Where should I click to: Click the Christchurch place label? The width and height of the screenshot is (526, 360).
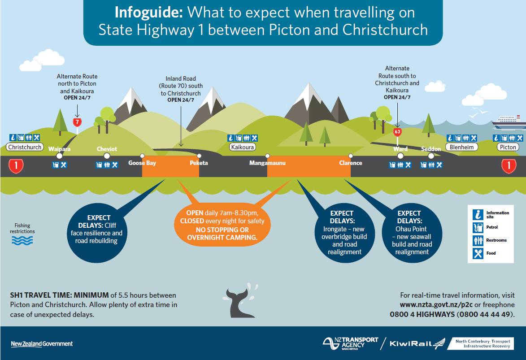tap(25, 147)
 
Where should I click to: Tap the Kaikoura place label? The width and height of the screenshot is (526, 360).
tap(243, 147)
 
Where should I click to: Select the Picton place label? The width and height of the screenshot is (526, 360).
tap(508, 147)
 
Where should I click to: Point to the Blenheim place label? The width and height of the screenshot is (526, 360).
tap(462, 147)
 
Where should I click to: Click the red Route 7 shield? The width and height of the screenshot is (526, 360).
tap(77, 122)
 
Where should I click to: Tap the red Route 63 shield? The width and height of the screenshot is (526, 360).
tap(397, 132)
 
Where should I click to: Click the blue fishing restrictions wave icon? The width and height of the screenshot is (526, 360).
tap(22, 240)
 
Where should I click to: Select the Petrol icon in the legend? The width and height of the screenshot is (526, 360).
tap(478, 227)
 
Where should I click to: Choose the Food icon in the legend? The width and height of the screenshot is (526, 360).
tap(478, 253)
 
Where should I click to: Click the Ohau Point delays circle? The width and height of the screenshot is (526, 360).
tap(412, 232)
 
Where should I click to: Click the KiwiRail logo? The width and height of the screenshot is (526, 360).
tap(417, 344)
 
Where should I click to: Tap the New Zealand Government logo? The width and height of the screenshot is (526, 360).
tap(42, 344)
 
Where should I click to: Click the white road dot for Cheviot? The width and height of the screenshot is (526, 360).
tap(107, 156)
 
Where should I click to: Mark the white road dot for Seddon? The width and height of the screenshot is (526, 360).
tap(431, 156)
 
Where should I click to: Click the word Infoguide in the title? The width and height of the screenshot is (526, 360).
tap(148, 12)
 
